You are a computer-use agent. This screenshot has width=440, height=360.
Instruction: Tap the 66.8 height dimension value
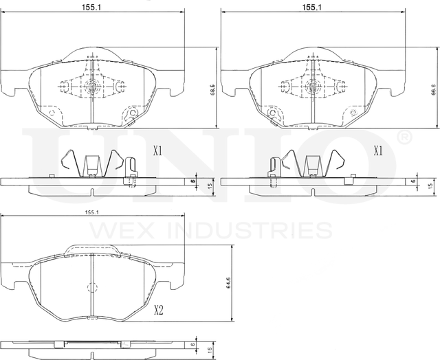point(432,89)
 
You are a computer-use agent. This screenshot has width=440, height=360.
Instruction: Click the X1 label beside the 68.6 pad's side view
point(157,151)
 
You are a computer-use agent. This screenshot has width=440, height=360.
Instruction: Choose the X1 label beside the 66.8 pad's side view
point(377,151)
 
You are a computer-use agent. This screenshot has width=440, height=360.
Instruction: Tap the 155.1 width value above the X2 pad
point(92,214)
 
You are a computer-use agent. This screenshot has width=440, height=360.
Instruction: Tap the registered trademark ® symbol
point(405,138)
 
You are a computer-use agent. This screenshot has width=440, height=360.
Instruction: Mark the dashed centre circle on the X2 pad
point(92,289)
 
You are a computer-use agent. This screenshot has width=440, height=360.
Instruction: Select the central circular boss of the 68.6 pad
point(92,87)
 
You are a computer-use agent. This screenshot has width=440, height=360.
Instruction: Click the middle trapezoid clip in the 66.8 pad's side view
point(312,166)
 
